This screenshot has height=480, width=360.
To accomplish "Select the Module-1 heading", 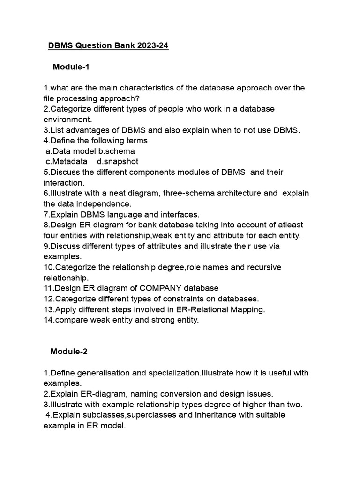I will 71,67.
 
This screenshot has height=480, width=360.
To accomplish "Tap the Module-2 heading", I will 69,352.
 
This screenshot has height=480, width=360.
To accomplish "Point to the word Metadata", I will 70,162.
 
